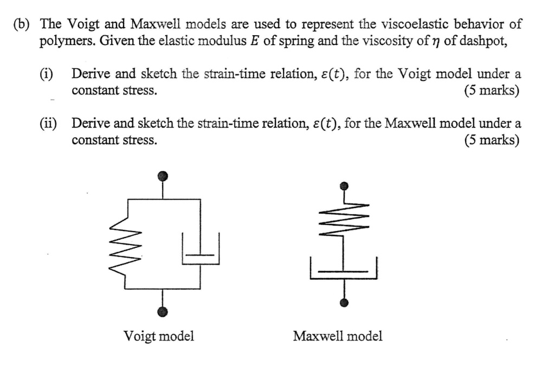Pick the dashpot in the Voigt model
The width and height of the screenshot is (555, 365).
[201, 251]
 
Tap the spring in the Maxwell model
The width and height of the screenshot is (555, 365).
[343, 217]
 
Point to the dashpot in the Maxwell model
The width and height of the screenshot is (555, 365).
[343, 270]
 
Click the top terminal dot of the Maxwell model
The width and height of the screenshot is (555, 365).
[343, 186]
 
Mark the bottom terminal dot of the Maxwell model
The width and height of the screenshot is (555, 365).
[343, 302]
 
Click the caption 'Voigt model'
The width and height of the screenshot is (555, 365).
[159, 336]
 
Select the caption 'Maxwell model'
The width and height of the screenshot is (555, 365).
[337, 336]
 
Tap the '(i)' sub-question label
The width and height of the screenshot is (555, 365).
[47, 74]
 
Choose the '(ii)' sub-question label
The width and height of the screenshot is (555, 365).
[48, 124]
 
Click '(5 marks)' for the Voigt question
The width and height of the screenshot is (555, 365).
[492, 91]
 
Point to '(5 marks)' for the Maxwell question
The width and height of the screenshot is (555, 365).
[492, 140]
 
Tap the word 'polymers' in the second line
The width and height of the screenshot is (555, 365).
[63, 42]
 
